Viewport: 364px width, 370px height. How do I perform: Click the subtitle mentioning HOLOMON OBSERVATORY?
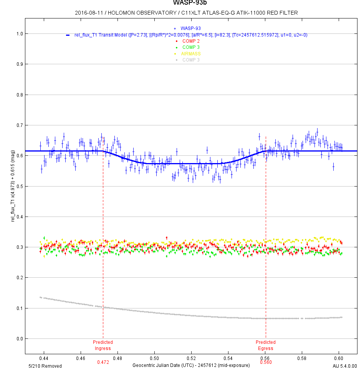(186, 13)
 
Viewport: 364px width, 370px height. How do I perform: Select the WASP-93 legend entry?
(190, 28)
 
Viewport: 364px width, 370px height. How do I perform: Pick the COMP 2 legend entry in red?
(191, 41)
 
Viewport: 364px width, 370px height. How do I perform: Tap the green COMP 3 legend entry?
(191, 47)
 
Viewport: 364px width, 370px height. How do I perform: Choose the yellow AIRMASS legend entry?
(191, 53)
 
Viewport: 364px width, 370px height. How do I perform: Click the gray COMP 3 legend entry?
(191, 60)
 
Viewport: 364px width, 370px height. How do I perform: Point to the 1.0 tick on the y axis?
(19, 34)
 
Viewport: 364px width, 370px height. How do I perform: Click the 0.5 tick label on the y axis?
(19, 187)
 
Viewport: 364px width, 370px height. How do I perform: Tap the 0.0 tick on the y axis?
(19, 339)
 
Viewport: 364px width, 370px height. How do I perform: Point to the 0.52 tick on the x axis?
(191, 358)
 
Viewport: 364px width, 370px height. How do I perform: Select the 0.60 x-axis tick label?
(339, 358)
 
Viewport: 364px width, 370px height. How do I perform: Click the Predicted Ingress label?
(103, 345)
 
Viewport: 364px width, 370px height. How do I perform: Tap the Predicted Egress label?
(266, 345)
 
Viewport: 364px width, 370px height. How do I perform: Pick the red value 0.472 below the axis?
(103, 362)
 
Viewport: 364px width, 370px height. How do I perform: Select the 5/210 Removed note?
(45, 366)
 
